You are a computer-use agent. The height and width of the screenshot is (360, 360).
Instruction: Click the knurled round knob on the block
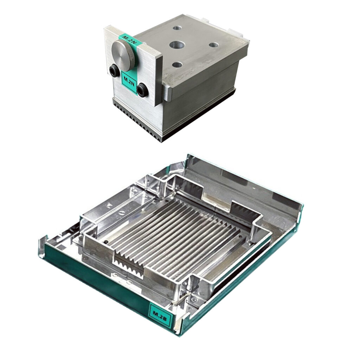(123, 54)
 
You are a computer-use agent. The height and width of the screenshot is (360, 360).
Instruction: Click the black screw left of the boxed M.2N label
(114, 70)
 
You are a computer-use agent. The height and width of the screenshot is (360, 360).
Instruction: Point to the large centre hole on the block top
(177, 45)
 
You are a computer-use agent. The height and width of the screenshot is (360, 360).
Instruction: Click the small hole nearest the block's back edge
(177, 28)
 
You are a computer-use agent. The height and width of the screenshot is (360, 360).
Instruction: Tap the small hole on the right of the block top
(213, 45)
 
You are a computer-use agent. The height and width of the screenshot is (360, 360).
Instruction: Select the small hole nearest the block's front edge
(177, 65)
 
